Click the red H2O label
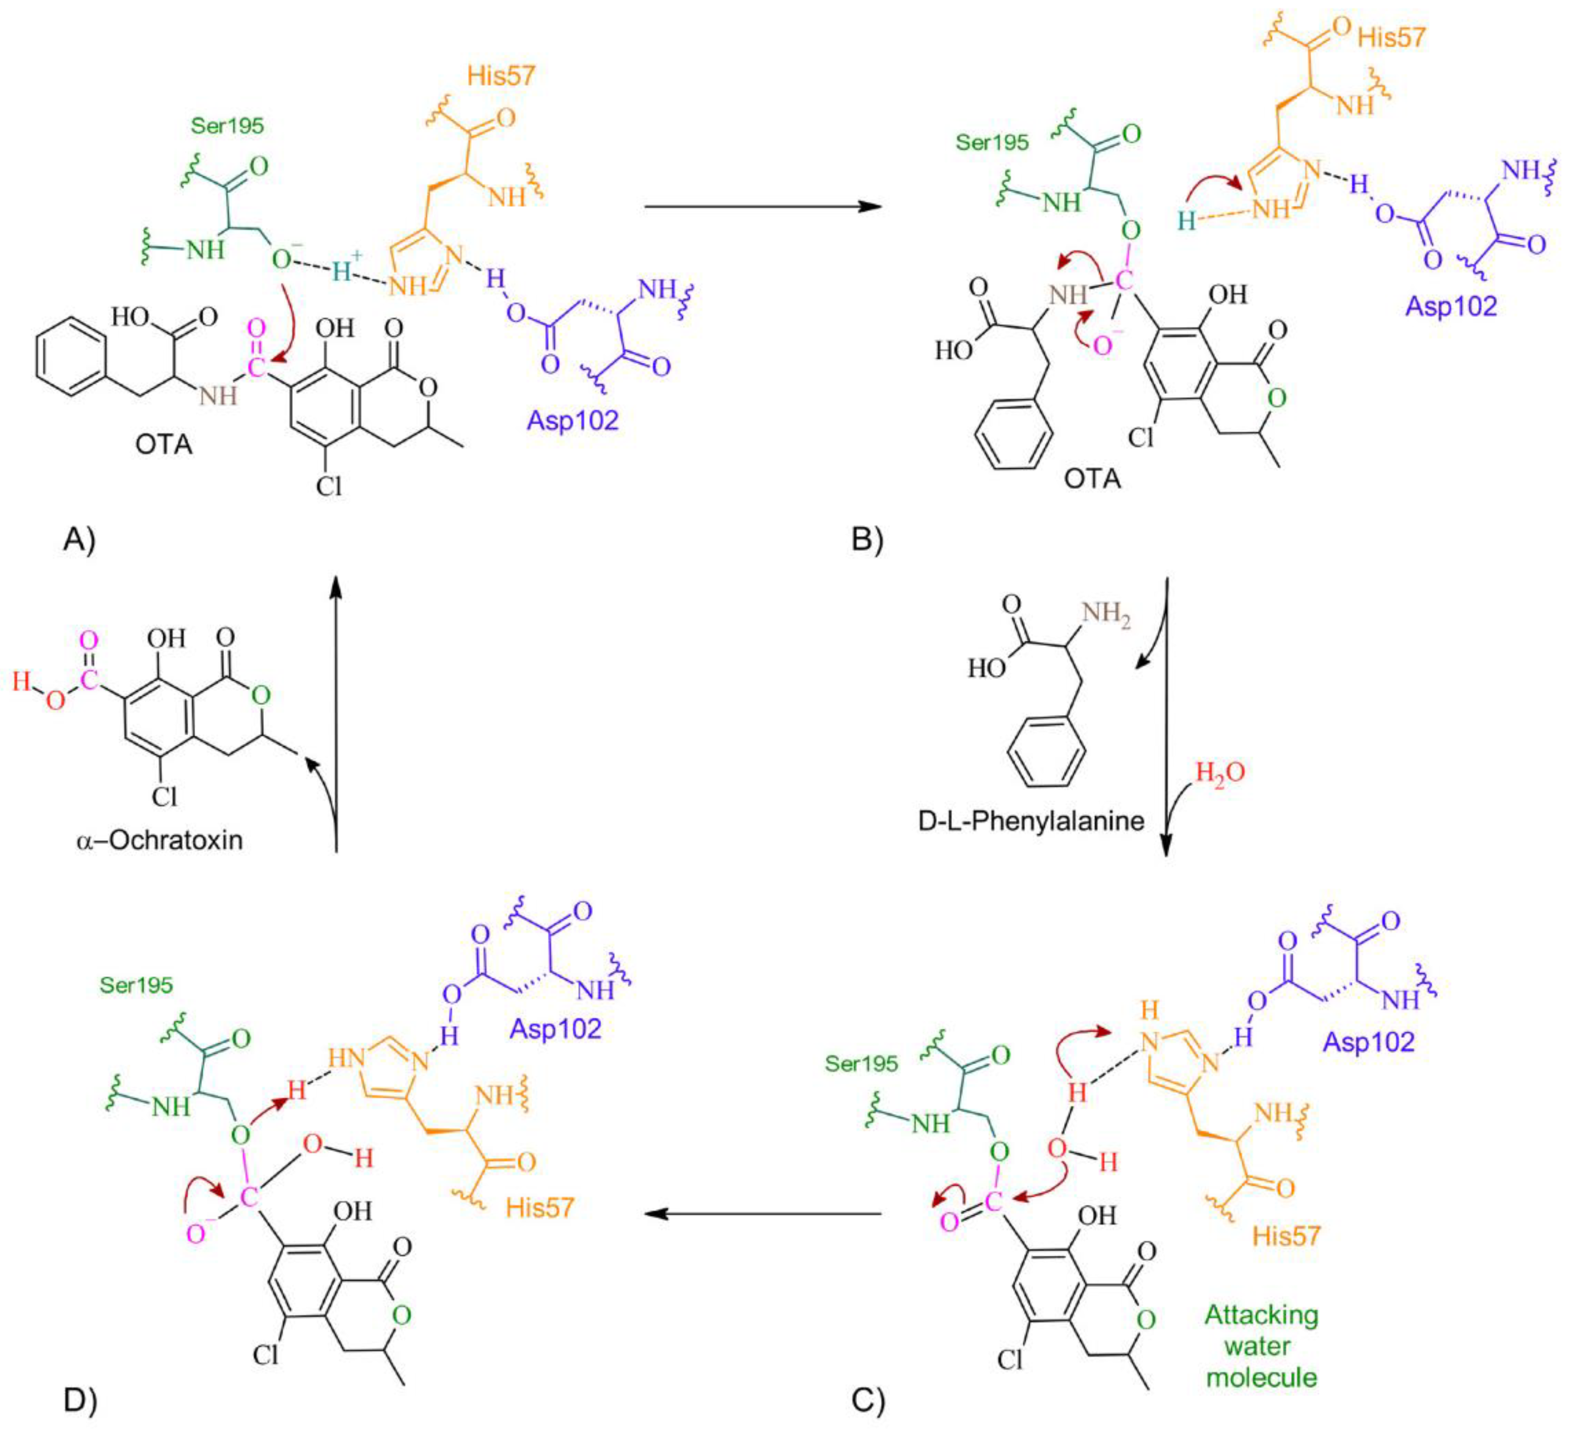[1219, 773]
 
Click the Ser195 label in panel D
[136, 985]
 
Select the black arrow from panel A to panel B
[763, 207]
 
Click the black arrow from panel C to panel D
[763, 1214]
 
